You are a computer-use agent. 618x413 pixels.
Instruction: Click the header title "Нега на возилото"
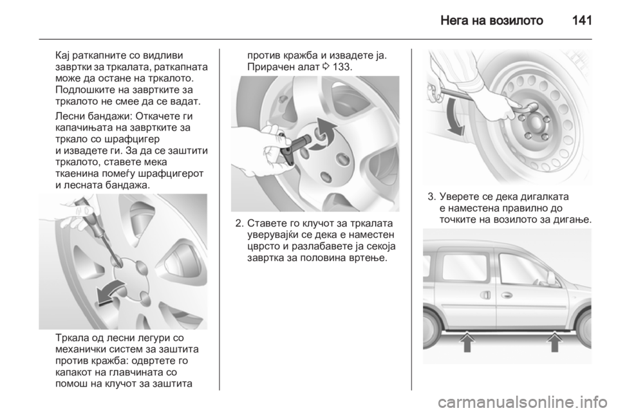[491, 20]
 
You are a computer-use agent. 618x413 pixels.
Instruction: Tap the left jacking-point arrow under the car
[467, 342]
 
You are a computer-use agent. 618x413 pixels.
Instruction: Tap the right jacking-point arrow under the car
[555, 342]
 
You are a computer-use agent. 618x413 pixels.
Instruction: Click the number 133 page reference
[342, 67]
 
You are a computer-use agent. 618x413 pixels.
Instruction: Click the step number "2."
[239, 224]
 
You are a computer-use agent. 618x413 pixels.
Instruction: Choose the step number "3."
[431, 196]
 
